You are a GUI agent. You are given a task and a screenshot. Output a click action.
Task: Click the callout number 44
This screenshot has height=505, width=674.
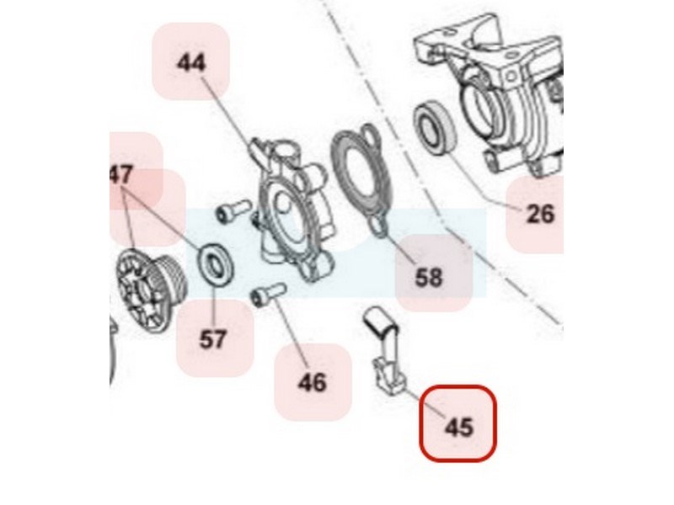pyautogui.click(x=191, y=63)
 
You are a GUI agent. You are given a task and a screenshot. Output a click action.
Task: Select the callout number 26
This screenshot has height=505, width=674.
pyautogui.click(x=540, y=214)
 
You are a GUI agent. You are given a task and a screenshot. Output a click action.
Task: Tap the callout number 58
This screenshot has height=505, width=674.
pyautogui.click(x=429, y=278)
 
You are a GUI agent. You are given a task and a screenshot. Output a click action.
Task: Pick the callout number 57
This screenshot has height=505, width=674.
pyautogui.click(x=212, y=339)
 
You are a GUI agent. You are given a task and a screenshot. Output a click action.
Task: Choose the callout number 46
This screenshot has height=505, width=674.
pyautogui.click(x=312, y=382)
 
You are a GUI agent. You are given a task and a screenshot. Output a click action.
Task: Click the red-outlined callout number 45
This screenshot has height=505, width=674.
pyautogui.click(x=458, y=428)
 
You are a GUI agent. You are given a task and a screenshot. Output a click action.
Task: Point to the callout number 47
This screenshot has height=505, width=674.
pyautogui.click(x=121, y=175)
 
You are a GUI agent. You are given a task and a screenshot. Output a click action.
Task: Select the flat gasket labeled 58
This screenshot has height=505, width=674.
pyautogui.click(x=361, y=179)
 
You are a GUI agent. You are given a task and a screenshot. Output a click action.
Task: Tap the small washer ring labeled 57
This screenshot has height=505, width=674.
pyautogui.click(x=215, y=263)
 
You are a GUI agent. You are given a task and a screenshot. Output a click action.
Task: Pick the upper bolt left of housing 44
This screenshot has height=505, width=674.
pyautogui.click(x=233, y=211)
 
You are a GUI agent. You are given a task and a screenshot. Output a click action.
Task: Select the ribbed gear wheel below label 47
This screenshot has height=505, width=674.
pyautogui.click(x=151, y=290)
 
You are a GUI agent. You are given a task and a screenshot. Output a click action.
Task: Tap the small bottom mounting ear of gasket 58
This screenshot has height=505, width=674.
pyautogui.click(x=379, y=226)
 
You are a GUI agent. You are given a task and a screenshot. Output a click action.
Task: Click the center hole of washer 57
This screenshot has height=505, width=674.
pyautogui.click(x=216, y=263)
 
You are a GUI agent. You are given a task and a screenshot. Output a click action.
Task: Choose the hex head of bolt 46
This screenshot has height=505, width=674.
pyautogui.click(x=259, y=297)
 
